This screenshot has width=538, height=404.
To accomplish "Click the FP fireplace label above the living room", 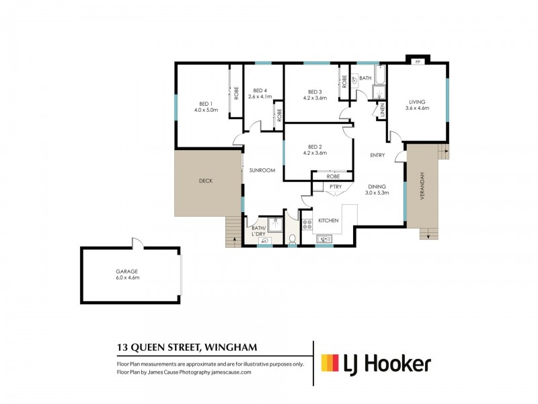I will coord(418,62).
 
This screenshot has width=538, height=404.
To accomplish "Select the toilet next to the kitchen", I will coord(292,239).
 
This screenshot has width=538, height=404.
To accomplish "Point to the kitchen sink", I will coord(323,238).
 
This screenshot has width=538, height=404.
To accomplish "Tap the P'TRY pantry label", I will coord(336,187).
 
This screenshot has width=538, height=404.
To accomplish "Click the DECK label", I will coord(206,180).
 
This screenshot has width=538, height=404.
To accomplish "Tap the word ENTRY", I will coord(377,156).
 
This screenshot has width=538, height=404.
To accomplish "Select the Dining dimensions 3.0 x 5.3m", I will coord(377,193).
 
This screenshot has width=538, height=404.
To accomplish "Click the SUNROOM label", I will coord(262,170).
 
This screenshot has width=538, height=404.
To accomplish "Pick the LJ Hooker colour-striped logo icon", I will coord(330,364).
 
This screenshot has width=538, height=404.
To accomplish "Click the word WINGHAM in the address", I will coord(235,348).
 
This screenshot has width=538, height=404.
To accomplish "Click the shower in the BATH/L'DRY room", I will coord(274,225).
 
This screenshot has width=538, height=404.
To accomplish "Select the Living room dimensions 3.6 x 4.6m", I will coord(416,108).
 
